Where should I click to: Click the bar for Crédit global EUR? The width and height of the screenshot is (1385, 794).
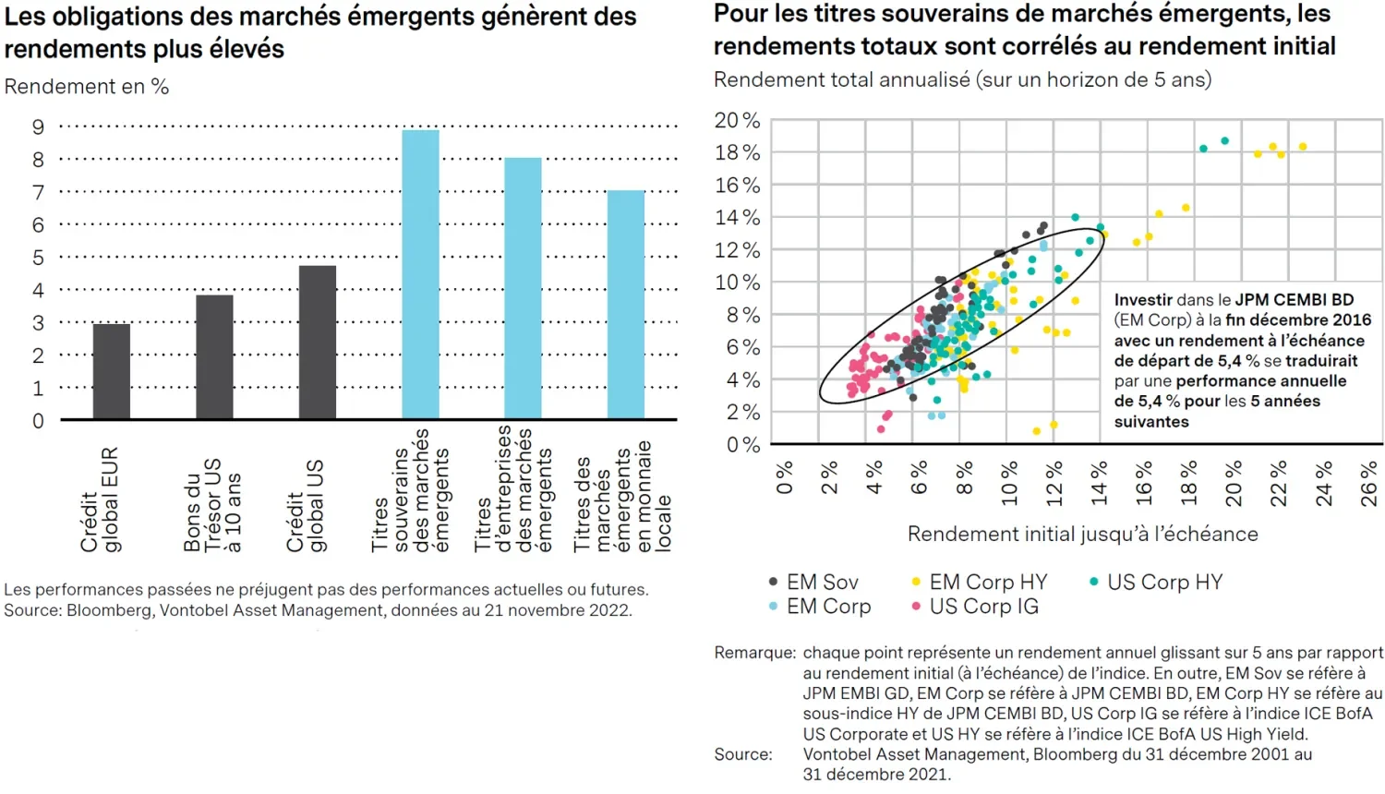point(112,371)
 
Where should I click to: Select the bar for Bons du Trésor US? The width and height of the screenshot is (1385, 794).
point(215,356)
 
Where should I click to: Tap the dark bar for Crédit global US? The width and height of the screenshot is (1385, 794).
point(318,342)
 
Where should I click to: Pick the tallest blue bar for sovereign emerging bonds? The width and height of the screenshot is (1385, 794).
point(420,274)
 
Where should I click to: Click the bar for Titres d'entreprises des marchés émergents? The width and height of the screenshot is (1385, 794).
point(523,288)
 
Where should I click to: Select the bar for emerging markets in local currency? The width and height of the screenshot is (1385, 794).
point(625,305)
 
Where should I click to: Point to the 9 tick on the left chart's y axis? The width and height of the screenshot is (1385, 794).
point(38,126)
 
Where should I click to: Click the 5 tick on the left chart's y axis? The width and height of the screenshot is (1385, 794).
point(38,258)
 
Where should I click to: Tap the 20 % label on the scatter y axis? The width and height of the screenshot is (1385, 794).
point(737,120)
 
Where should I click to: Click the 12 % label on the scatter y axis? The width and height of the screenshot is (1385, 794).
point(737,250)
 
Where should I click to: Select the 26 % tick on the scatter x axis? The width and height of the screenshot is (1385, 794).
point(1369,483)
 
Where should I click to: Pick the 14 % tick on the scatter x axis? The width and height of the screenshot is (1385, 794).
point(1099,483)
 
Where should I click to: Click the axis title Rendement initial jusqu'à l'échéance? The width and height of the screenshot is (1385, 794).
point(1082,535)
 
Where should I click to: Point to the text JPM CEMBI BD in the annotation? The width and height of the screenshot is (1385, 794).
point(1295,300)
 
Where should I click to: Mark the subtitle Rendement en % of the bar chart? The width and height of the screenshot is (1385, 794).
point(87,87)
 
